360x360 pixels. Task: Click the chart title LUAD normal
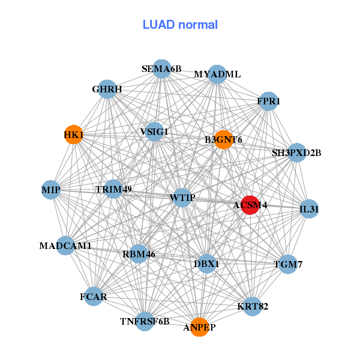(180, 25)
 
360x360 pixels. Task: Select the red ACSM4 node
(250, 205)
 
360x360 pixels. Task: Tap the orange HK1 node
(73, 135)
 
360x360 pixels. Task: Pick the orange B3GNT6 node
(223, 140)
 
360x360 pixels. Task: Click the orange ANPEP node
(200, 327)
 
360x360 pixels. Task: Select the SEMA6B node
(162, 69)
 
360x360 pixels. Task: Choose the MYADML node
(217, 74)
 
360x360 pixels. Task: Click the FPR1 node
(268, 101)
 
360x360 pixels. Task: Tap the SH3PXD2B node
(296, 152)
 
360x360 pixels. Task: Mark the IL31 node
(308, 209)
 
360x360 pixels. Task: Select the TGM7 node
(288, 264)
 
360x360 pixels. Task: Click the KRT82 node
(253, 307)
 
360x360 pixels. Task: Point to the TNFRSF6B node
(145, 322)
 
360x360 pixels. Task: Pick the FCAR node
(94, 296)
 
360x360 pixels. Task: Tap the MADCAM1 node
(66, 245)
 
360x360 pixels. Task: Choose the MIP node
(51, 190)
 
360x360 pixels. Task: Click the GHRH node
(107, 89)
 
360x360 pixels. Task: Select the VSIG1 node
(155, 131)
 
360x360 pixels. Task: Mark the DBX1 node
(207, 263)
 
